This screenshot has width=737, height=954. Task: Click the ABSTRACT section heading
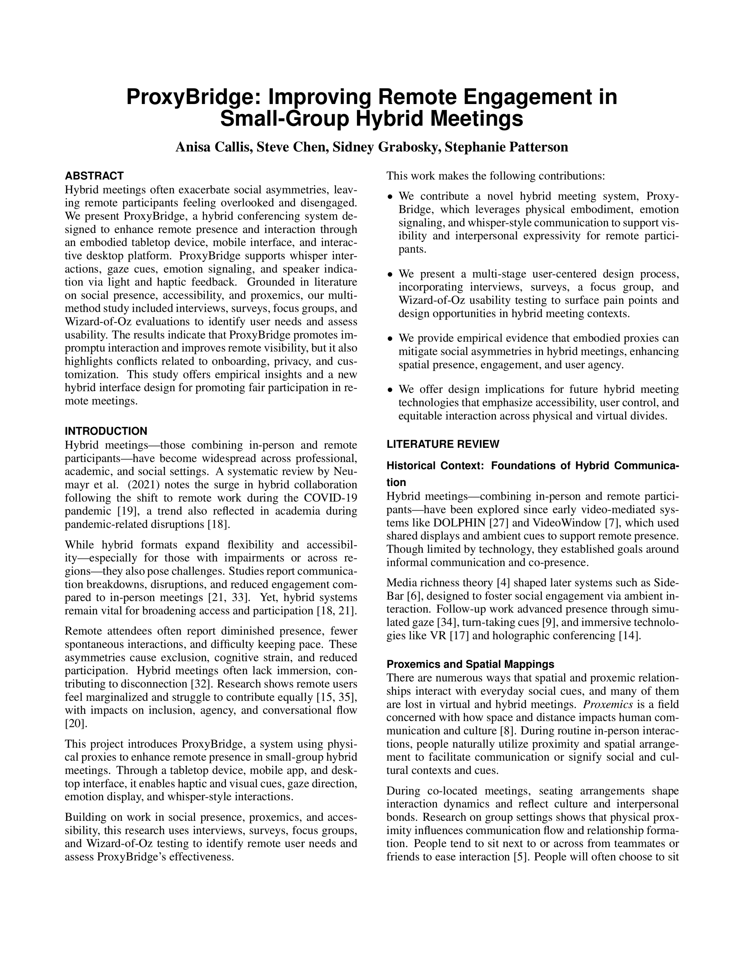(94, 176)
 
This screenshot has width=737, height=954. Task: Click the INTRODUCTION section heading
(106, 431)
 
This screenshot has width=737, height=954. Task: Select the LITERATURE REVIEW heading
(443, 444)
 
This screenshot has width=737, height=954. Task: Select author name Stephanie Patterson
(506, 147)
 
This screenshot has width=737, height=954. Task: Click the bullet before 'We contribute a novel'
(390, 197)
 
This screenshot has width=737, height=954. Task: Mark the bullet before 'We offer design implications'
(390, 390)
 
